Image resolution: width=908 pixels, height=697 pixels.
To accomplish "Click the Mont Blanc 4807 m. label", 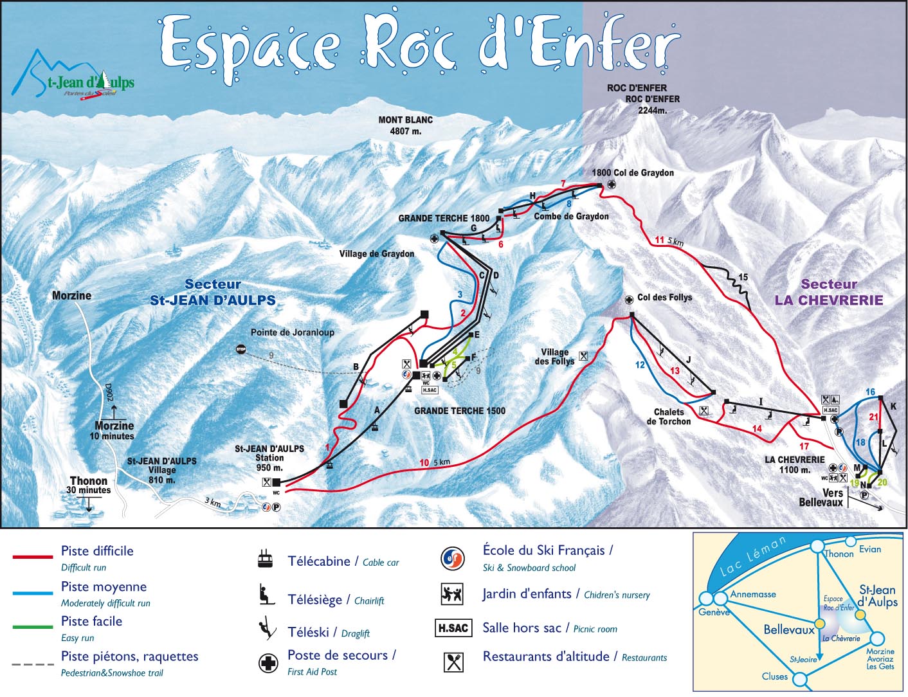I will [x=405, y=125].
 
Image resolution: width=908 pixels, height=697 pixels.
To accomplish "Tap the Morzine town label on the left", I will [x=71, y=295].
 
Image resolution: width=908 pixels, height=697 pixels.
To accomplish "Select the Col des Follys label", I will [x=664, y=297].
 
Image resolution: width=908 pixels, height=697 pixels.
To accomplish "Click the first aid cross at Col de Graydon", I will [x=612, y=185].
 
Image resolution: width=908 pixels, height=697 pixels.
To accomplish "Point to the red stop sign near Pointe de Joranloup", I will [x=241, y=349].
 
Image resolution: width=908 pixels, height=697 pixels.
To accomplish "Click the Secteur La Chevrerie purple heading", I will [x=828, y=292].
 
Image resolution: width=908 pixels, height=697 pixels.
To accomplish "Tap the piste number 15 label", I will [x=743, y=277].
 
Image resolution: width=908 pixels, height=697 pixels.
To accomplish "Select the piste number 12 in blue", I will [x=640, y=365].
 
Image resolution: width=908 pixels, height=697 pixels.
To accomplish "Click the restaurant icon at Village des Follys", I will [x=583, y=356].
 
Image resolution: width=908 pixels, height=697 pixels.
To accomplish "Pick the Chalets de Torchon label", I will [x=669, y=417].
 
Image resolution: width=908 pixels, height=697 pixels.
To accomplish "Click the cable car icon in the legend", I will [x=264, y=559].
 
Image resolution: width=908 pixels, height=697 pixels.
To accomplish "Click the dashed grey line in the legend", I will [x=33, y=664].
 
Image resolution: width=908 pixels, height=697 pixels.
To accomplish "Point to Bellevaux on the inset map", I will [x=788, y=629].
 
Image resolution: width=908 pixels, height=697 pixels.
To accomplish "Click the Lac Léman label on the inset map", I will [x=753, y=556].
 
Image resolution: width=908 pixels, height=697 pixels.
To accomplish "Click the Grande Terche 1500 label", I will [x=459, y=410].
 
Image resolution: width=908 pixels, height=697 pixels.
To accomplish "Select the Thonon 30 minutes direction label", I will [x=89, y=485].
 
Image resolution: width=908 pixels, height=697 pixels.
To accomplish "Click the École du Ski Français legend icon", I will [x=453, y=558].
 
